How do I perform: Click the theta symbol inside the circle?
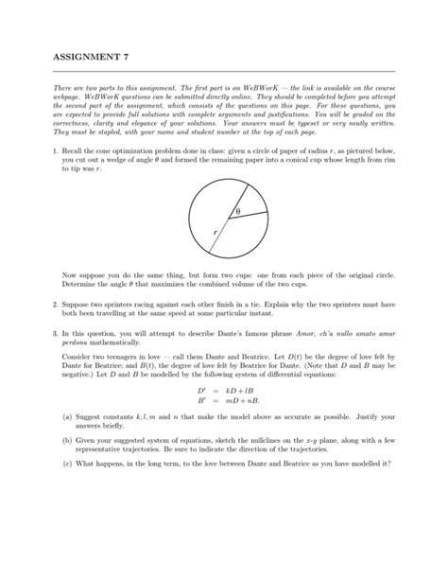[x=238, y=210]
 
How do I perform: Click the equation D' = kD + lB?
[x=223, y=417]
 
